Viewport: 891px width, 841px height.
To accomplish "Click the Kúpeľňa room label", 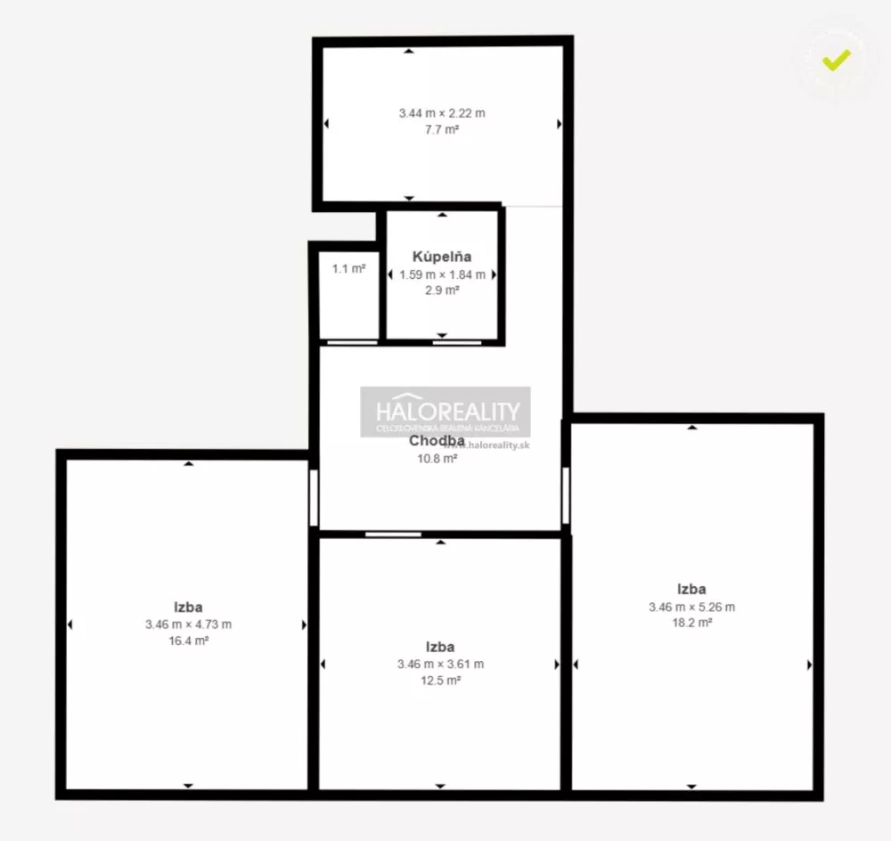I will click(441, 257).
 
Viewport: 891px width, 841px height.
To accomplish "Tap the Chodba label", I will click(437, 440).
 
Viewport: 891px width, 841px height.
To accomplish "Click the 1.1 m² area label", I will click(348, 268).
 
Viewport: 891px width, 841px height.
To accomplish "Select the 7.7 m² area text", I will click(441, 129).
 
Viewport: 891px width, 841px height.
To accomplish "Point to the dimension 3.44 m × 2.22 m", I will click(441, 113).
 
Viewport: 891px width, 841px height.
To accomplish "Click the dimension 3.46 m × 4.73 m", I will click(188, 625).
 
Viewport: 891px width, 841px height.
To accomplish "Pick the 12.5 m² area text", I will click(441, 681).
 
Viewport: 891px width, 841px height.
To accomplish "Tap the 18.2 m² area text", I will click(692, 623).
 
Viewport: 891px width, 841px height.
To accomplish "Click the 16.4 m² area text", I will click(188, 641).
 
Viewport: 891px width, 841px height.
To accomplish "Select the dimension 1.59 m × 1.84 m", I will click(441, 274).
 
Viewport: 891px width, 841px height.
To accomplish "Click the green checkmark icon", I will click(836, 60).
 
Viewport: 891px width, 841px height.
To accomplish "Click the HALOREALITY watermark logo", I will click(445, 412).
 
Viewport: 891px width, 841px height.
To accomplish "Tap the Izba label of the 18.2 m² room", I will click(692, 589).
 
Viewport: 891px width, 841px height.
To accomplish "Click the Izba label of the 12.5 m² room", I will click(441, 647).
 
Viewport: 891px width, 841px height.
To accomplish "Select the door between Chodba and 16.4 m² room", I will click(313, 497).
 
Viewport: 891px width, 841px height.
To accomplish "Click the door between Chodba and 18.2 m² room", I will click(565, 494).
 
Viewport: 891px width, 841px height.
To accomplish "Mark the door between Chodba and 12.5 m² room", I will click(393, 535).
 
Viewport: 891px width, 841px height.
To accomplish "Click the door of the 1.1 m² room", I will click(352, 342).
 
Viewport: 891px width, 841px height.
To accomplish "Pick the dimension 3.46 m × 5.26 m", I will click(692, 607).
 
